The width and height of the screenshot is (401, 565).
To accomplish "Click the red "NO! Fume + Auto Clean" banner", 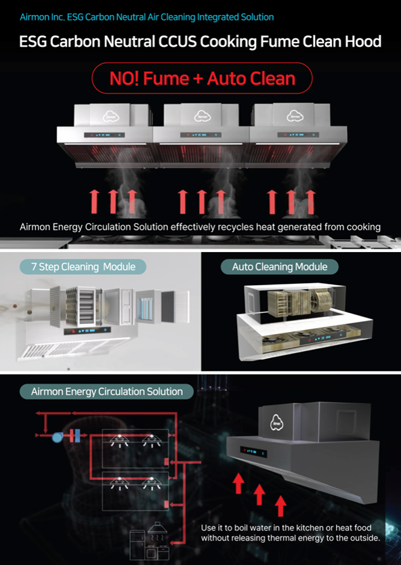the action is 202,78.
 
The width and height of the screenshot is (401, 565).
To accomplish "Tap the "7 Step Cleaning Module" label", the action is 83,267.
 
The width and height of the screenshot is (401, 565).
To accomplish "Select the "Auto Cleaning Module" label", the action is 280,267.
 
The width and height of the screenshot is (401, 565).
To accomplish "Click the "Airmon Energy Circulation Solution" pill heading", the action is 106,392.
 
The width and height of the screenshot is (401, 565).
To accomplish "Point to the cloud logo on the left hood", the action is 111,117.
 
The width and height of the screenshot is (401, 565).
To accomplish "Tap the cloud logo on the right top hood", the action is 295,117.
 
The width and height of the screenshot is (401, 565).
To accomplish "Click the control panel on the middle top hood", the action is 200,135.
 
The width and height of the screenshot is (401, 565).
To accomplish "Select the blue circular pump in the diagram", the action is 58,437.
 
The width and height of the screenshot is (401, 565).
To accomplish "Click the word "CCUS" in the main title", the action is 177,42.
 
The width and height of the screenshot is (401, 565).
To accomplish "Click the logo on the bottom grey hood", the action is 276,422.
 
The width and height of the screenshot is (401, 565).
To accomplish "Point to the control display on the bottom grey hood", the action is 253,452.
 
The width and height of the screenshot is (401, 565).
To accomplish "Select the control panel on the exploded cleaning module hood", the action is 87,331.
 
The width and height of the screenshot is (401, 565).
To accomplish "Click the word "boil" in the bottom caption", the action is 242,528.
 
